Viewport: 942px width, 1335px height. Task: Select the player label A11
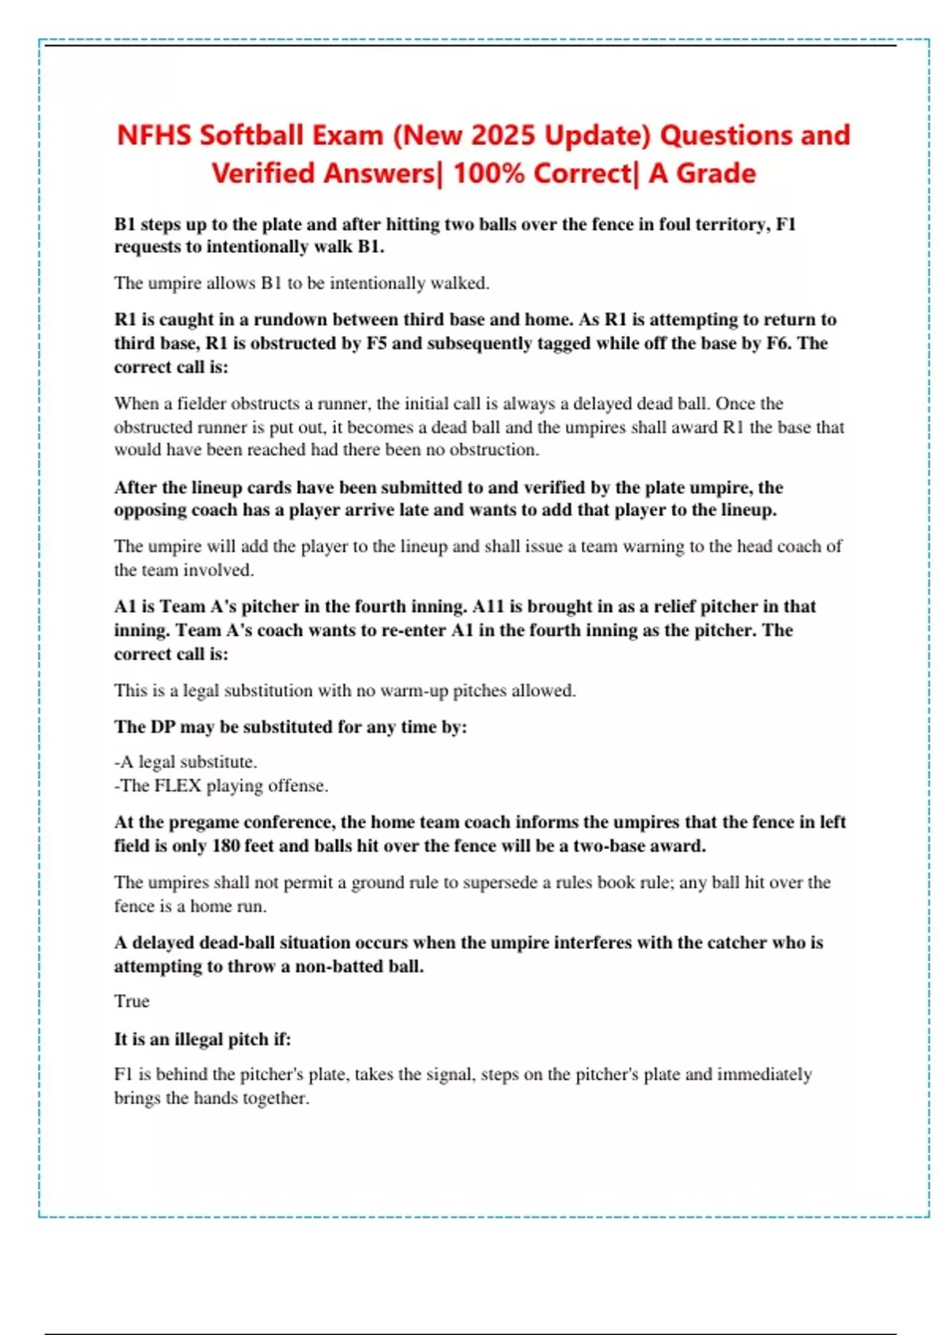[x=488, y=606]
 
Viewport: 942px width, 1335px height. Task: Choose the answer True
[x=131, y=1001]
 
